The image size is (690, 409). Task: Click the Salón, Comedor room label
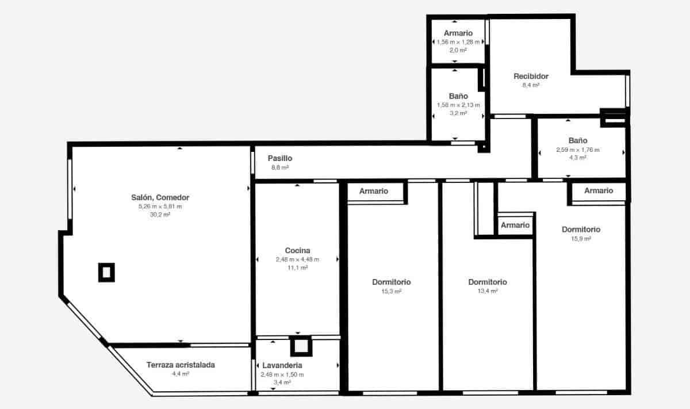coord(160,197)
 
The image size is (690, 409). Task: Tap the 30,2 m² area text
coord(160,215)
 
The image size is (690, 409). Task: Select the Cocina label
coord(297,250)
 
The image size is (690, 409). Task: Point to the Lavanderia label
coord(282,365)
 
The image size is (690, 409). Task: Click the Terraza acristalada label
coord(181,365)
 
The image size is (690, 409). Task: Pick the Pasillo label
coord(280,158)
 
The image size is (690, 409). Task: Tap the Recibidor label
coord(531,76)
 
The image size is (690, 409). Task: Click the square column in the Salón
coord(106,272)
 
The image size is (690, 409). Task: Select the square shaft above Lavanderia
coord(301,346)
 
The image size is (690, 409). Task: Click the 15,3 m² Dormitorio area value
coord(391,292)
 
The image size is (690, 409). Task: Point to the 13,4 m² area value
coord(487,292)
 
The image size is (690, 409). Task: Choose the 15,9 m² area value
coord(581,239)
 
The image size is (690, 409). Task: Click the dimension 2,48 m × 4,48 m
coord(297,259)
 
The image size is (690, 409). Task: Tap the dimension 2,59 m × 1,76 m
coord(577,150)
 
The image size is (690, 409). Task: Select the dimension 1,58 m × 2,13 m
coord(458,105)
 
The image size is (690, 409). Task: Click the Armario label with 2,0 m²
coord(458,33)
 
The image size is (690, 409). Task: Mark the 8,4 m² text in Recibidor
coord(531,85)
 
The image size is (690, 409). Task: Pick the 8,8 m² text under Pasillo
coord(280,167)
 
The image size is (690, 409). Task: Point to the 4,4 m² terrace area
coord(181,374)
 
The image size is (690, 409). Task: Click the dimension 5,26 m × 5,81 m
coord(160,206)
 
